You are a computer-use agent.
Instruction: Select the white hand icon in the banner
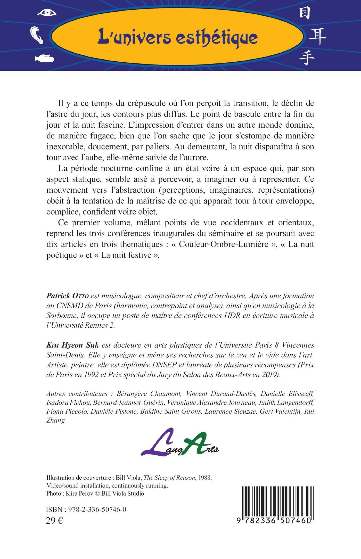[x=44, y=58]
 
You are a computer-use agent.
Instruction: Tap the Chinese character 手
[x=307, y=58]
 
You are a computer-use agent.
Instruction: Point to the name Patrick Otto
[x=68, y=296]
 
